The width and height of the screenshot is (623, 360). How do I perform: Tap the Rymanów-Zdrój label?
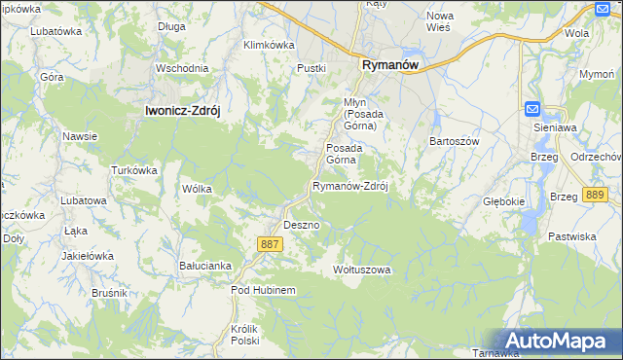pyautogui.click(x=349, y=186)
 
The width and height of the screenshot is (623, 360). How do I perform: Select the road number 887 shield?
pyautogui.click(x=272, y=244)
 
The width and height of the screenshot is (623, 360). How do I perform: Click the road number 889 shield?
pyautogui.click(x=597, y=196)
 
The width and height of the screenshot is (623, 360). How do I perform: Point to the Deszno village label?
pyautogui.click(x=301, y=225)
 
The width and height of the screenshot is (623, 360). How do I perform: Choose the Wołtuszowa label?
pyautogui.click(x=361, y=270)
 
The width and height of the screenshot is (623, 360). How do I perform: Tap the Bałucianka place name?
pyautogui.click(x=205, y=265)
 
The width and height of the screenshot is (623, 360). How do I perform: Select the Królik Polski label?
pyautogui.click(x=244, y=336)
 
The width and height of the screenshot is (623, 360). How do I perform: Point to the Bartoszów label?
pyautogui.click(x=456, y=140)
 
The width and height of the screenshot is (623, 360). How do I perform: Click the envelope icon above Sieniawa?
pyautogui.click(x=532, y=108)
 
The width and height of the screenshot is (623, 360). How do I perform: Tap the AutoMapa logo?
pyautogui.click(x=556, y=341)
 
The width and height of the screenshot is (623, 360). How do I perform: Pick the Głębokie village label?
pyautogui.click(x=504, y=201)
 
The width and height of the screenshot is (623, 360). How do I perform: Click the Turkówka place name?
pyautogui.click(x=134, y=170)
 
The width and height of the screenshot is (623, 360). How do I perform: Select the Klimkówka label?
pyautogui.click(x=269, y=45)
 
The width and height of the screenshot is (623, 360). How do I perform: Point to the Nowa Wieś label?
pyautogui.click(x=441, y=21)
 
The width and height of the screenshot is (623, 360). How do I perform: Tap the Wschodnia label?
pyautogui.click(x=182, y=68)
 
